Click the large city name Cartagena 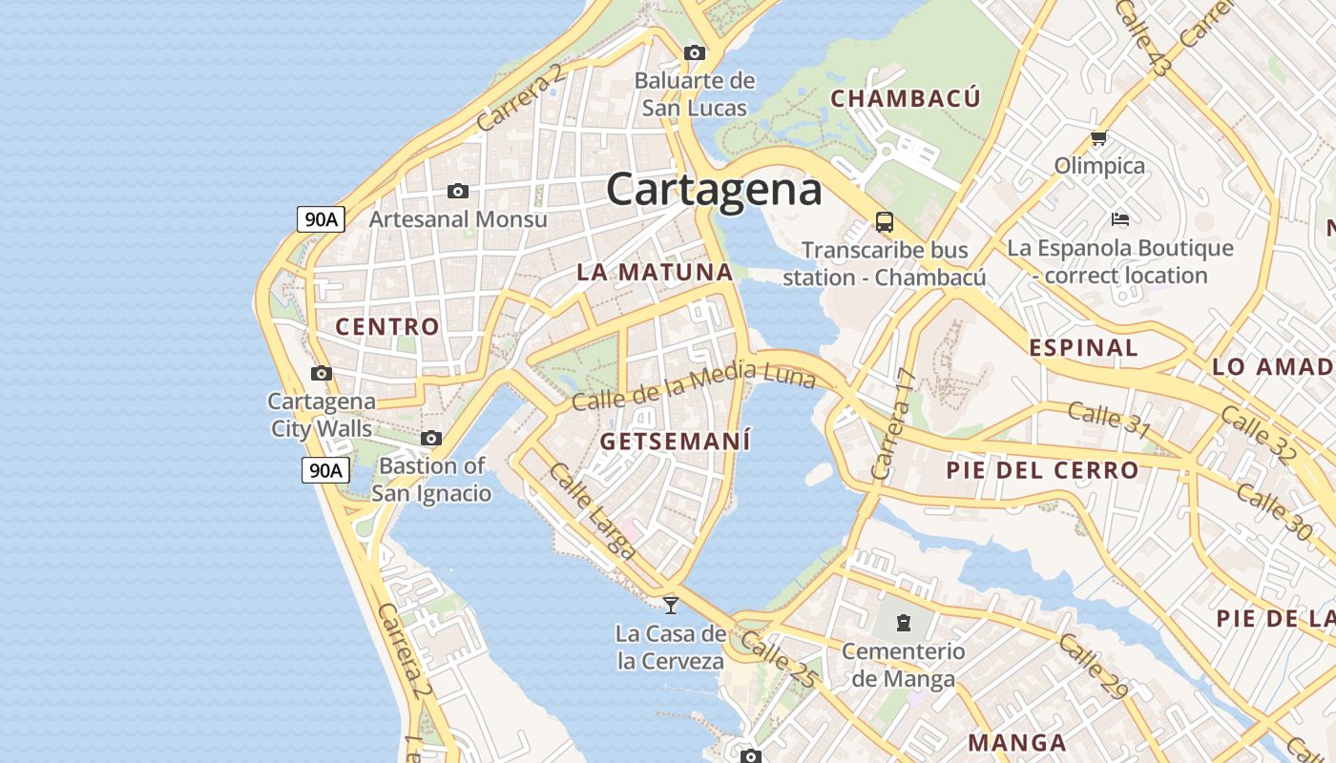(x=714, y=189)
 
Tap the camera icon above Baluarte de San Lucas (x=695, y=52)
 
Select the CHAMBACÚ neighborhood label (x=905, y=98)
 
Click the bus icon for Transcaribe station (x=885, y=222)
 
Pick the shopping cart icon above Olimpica (x=1098, y=138)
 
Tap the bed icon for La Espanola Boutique (x=1120, y=219)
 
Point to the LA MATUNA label (x=655, y=272)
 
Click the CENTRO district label (x=387, y=327)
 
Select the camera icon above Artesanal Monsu (x=458, y=192)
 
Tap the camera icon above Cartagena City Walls (x=322, y=373)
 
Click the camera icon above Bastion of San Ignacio (x=431, y=439)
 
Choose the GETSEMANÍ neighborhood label (x=676, y=442)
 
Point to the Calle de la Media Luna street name (x=694, y=385)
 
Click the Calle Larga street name (x=592, y=510)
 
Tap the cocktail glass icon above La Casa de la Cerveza (x=671, y=604)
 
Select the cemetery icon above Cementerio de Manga (x=903, y=624)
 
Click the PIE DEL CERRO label (x=1042, y=470)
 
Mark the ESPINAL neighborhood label (x=1083, y=348)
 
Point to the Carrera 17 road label (x=893, y=424)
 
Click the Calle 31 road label (x=1109, y=419)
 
